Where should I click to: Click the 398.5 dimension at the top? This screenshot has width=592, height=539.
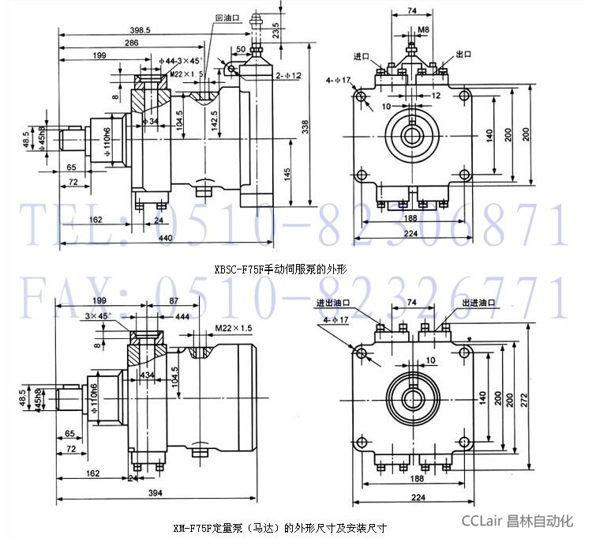143,29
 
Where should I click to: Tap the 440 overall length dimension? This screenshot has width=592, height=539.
166,238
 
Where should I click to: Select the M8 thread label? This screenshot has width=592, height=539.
423,29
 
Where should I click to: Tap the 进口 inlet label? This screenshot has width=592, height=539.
362,57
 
